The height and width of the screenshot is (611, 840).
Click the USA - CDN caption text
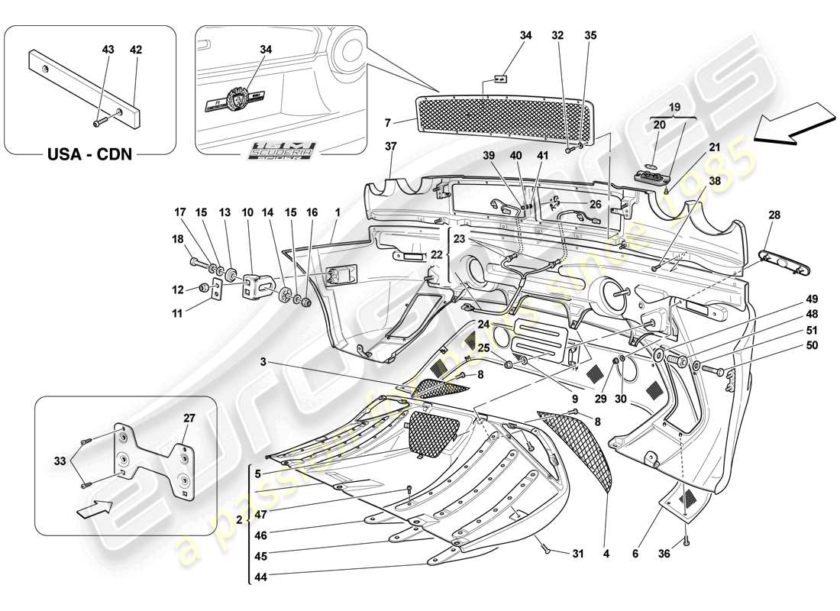click(x=90, y=155)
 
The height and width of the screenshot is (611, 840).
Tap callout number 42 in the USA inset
click(x=136, y=50)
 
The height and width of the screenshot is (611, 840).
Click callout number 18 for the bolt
click(x=179, y=239)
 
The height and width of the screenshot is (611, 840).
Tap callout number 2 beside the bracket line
click(x=239, y=519)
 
